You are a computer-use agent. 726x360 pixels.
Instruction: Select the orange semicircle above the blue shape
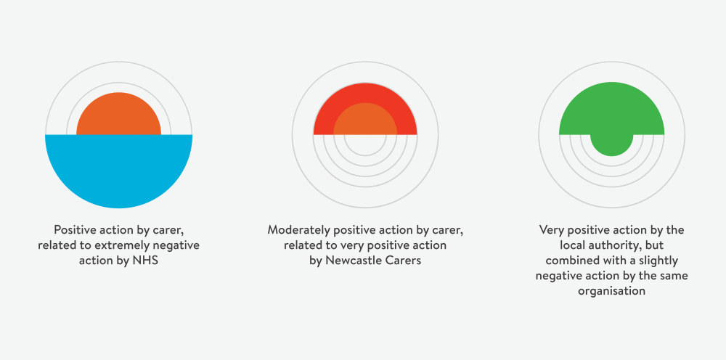tap(118, 116)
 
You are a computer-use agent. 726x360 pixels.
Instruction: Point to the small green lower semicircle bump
tap(611, 144)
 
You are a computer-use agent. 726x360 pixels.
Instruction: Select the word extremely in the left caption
tap(123, 246)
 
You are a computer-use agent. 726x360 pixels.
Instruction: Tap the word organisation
tap(611, 292)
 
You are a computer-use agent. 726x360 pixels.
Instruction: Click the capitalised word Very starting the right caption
tap(552, 230)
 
